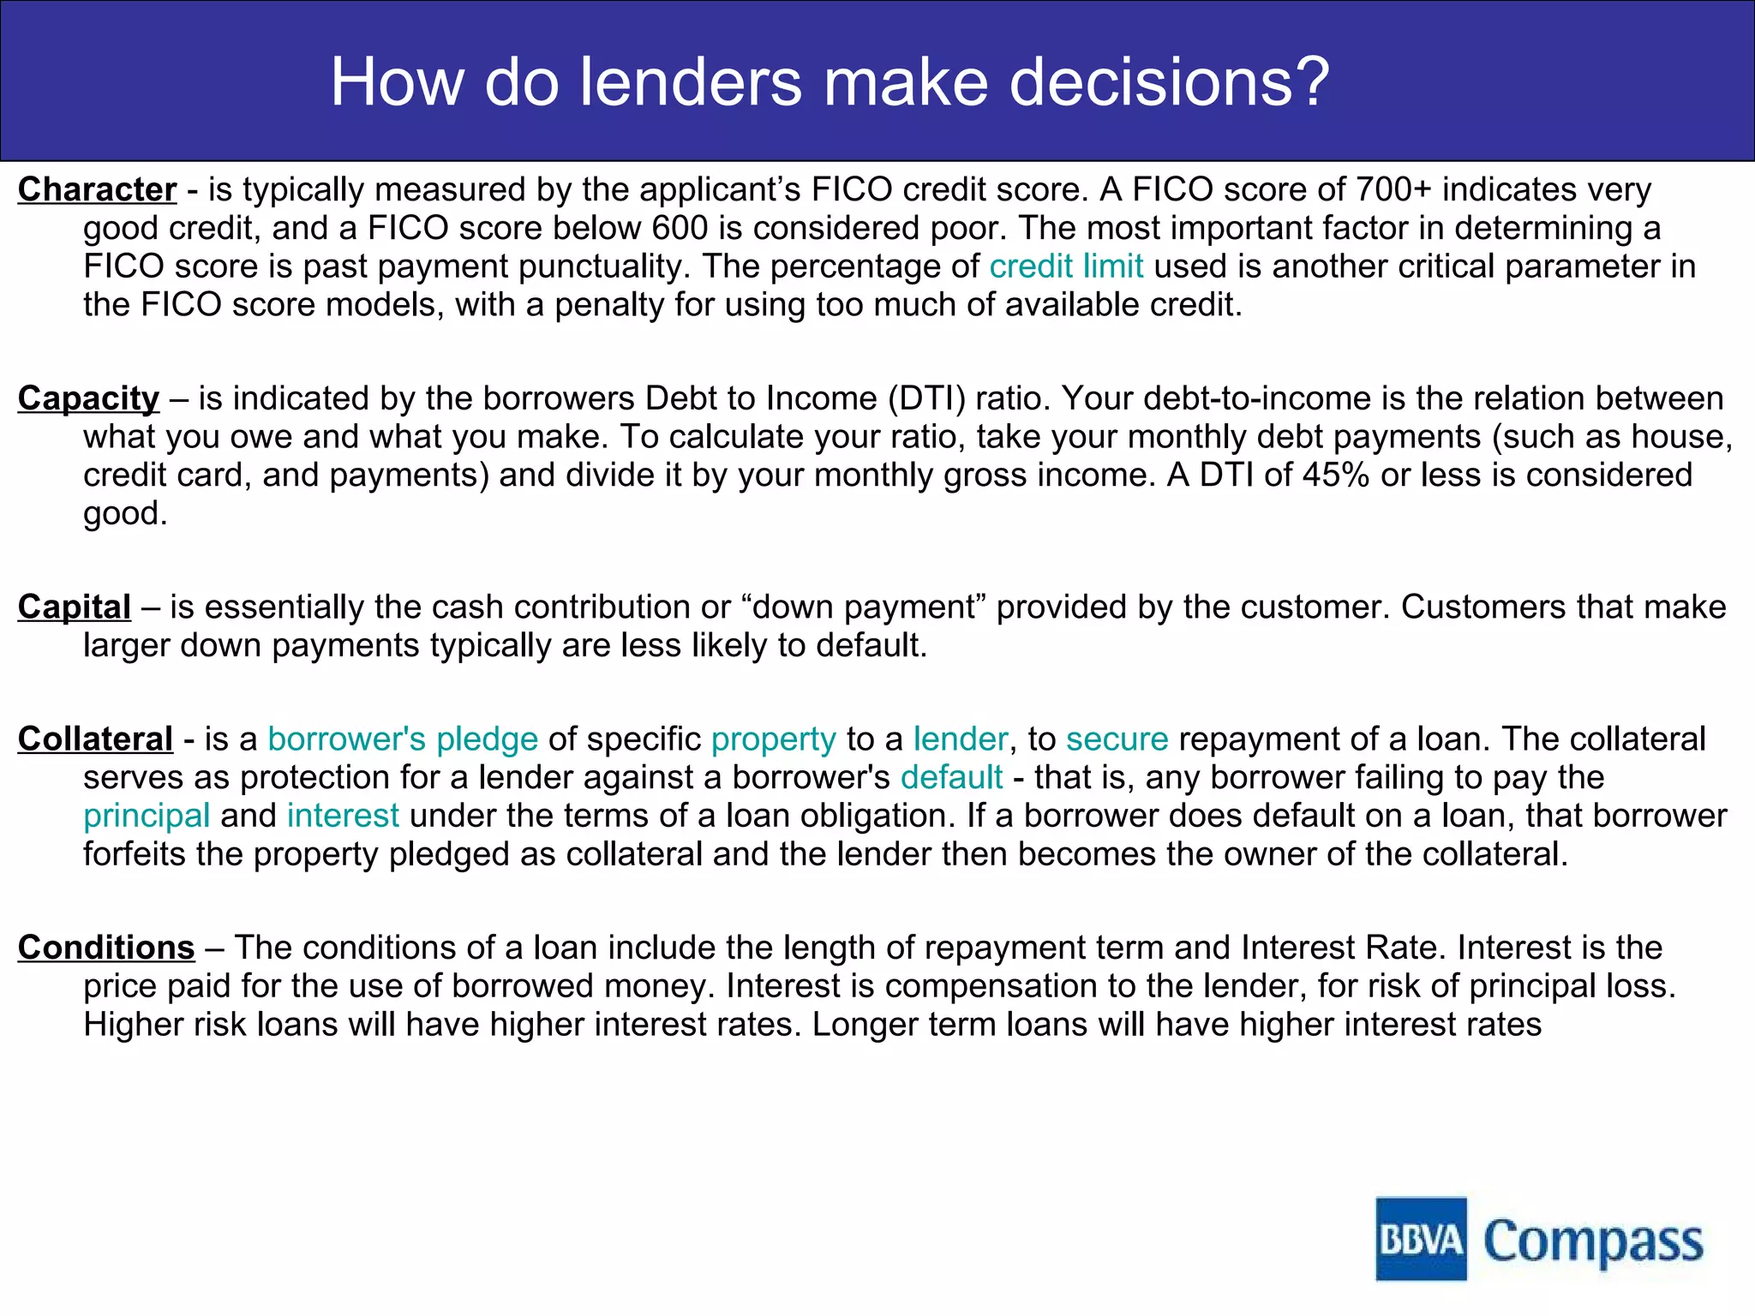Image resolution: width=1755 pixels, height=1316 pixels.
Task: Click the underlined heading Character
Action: pos(97,189)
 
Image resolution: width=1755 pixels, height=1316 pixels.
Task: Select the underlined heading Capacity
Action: pos(88,398)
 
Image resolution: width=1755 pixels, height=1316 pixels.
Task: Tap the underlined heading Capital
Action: pos(75,607)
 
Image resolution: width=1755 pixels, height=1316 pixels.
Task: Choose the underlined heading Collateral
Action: pos(95,739)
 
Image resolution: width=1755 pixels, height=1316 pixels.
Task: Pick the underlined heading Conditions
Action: pos(106,948)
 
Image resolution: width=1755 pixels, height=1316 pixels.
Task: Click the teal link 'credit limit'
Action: pos(1066,266)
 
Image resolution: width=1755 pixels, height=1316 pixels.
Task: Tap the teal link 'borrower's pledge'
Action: pos(403,739)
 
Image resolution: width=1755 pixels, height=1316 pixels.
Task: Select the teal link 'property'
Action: pos(773,739)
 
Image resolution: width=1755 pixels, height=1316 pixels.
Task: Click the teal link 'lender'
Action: pos(960,739)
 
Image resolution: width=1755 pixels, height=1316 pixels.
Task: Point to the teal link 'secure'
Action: pos(1117,739)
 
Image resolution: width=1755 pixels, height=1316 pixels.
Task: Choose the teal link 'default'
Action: pos(951,777)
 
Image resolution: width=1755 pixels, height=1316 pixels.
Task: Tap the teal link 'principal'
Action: pos(147,816)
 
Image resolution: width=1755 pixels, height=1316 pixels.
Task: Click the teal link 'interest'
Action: pos(343,816)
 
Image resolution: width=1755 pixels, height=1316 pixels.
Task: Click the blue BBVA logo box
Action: pos(1421,1239)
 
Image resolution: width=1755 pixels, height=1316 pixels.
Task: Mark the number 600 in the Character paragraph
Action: pos(680,228)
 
